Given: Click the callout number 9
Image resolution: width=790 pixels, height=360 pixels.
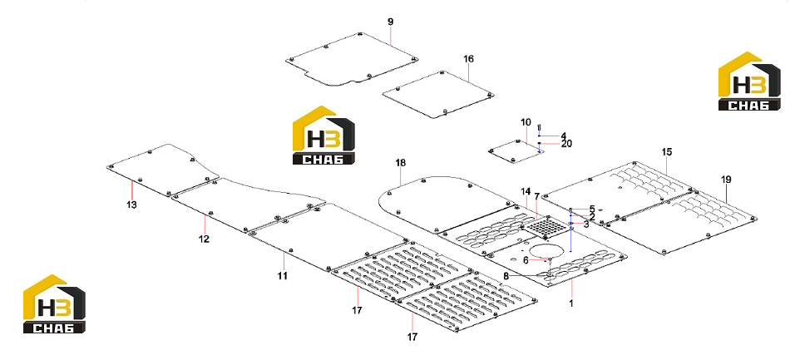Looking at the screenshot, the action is click(x=391, y=22).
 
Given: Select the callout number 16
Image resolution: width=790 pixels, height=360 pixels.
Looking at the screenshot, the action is click(x=468, y=59).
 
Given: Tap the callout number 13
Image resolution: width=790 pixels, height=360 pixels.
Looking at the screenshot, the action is click(x=131, y=205).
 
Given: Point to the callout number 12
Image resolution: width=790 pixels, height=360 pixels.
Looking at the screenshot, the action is click(x=204, y=239).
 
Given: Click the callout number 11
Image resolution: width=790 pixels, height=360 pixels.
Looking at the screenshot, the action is click(x=283, y=275).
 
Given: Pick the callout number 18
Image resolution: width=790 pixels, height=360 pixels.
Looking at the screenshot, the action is click(x=401, y=163).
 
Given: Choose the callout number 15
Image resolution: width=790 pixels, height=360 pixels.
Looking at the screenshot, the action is click(x=667, y=151).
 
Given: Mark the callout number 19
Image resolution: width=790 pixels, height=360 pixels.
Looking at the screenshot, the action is click(x=726, y=180).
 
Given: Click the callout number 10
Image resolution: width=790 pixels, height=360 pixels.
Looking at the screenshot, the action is click(x=526, y=122).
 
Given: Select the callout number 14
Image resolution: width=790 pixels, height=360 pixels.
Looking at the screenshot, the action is click(x=526, y=191).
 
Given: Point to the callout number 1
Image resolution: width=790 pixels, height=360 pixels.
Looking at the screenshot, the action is click(x=571, y=303).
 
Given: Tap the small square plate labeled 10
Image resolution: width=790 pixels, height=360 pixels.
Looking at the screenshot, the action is click(x=512, y=151).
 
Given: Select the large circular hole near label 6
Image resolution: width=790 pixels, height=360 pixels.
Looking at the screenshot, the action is click(x=541, y=252).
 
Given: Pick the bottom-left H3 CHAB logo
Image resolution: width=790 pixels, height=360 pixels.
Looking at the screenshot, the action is click(x=54, y=304).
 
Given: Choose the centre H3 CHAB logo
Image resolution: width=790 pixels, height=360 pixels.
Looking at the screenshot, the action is click(x=323, y=135).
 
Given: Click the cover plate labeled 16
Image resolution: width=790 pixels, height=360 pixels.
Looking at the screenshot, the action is click(x=437, y=95).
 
